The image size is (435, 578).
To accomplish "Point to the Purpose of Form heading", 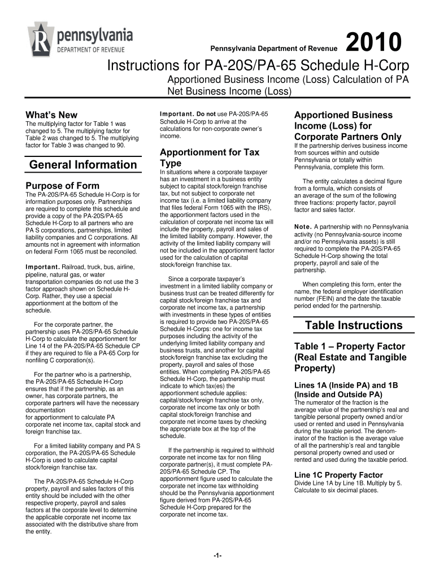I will [x=63, y=186].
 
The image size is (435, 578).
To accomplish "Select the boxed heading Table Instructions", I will [x=353, y=325].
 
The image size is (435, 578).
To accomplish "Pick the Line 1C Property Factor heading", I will [x=338, y=475].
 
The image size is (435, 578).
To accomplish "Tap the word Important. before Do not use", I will [x=177, y=115].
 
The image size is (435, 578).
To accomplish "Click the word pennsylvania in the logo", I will [x=95, y=36].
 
